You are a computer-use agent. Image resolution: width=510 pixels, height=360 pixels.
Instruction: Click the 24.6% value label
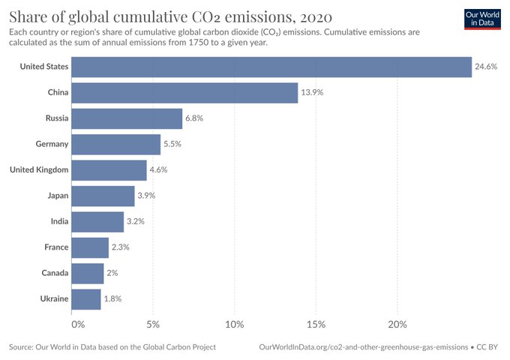(x=485, y=67)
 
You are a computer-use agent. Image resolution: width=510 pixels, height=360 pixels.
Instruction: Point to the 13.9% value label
(x=312, y=92)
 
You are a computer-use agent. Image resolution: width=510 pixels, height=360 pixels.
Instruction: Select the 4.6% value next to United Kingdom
(x=158, y=169)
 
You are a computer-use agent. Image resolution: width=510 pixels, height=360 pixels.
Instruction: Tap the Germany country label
(x=52, y=144)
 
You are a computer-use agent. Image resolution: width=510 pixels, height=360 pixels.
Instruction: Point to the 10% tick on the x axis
(x=235, y=325)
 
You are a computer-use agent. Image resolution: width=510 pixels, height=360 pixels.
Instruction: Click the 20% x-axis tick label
(x=397, y=325)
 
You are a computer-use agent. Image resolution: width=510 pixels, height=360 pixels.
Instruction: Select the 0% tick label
(x=78, y=325)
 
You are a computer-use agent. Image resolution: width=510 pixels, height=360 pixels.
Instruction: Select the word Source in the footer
(x=22, y=347)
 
